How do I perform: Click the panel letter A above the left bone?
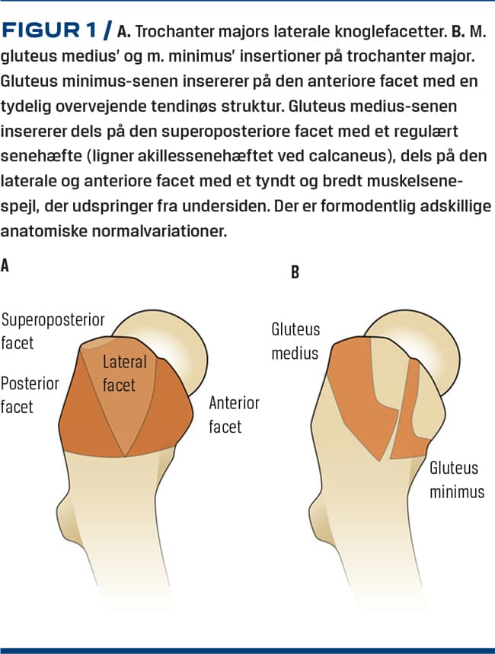coord(7,265)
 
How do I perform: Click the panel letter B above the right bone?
coord(295,272)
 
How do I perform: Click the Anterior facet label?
coord(234,414)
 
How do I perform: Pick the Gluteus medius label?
coord(295,341)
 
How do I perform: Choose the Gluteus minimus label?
coord(456,480)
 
